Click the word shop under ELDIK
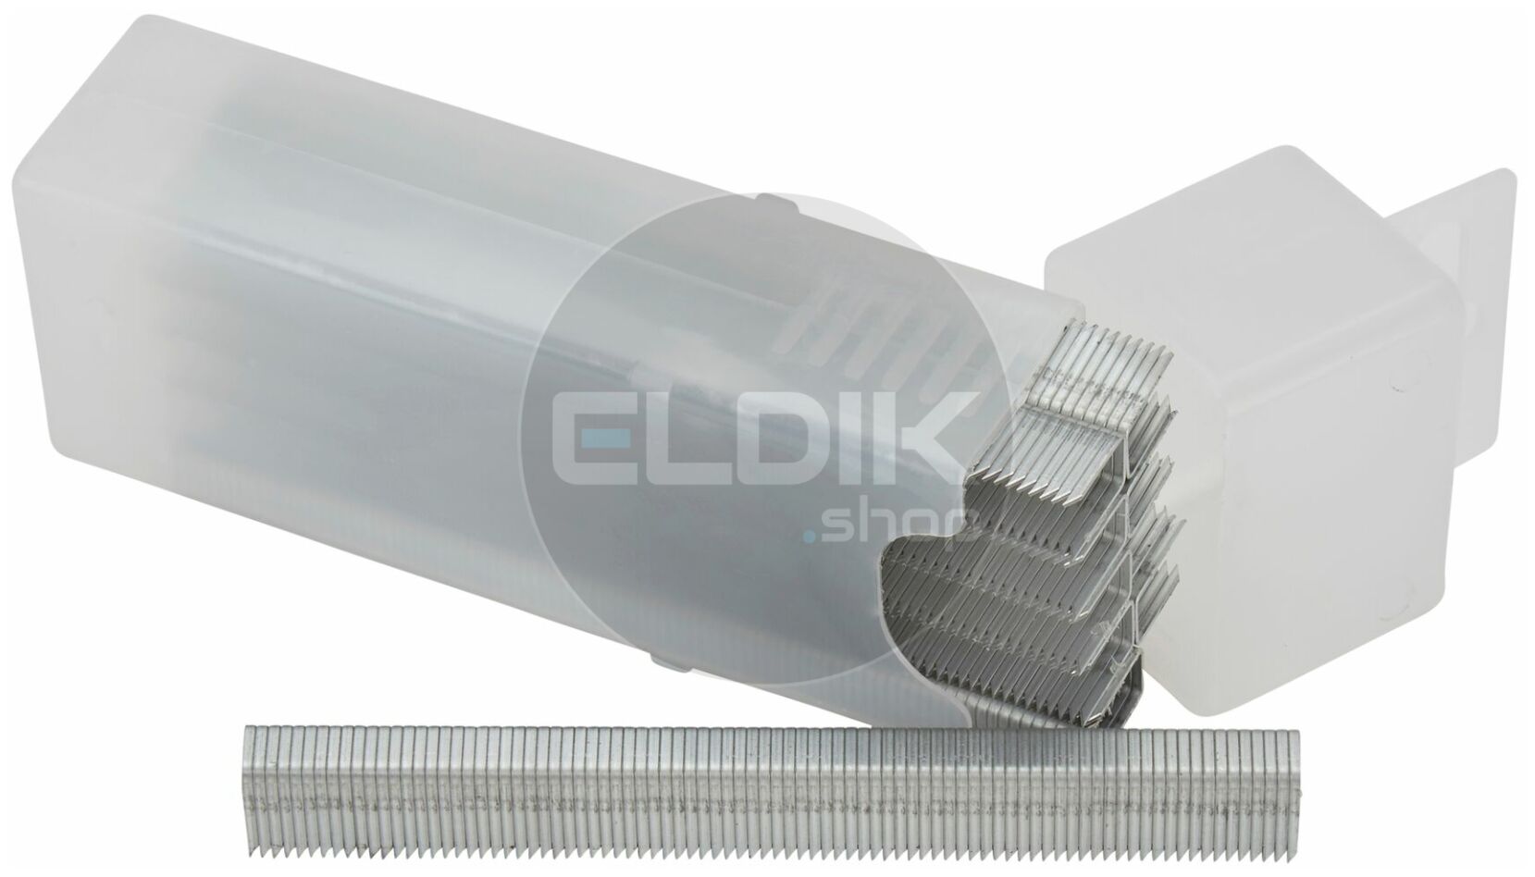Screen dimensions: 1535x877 (x=891, y=528)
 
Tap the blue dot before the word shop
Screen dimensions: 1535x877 (x=810, y=537)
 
